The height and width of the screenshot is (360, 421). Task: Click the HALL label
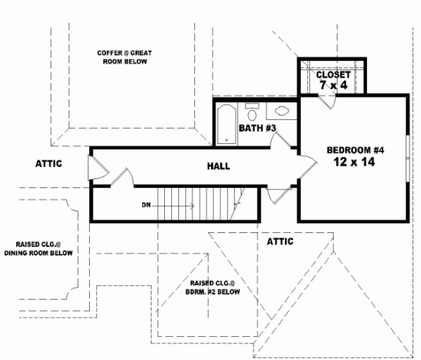coord(218,166)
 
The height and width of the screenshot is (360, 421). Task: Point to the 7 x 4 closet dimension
coord(333,86)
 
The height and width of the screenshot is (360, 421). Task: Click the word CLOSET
coord(333,74)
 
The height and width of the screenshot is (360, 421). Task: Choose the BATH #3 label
coord(257,128)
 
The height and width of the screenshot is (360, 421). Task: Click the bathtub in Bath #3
coord(227,124)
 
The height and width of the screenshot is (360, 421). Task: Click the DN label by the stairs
coord(146,205)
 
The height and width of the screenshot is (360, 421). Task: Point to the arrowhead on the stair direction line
coord(192,205)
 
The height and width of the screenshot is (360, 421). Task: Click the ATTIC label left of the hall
coord(49,164)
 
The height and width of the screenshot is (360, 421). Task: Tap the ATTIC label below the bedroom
coord(280,241)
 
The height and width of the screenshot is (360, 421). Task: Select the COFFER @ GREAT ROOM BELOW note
coord(125,58)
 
